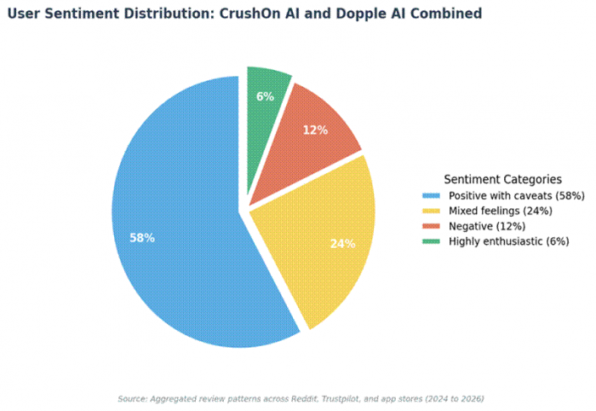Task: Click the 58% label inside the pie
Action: (x=141, y=238)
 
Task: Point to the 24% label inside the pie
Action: (x=342, y=244)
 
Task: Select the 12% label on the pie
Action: (x=315, y=130)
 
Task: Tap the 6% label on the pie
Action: (x=265, y=96)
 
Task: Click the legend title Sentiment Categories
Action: (x=502, y=179)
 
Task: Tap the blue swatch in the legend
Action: (x=432, y=195)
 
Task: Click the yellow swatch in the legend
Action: (x=432, y=211)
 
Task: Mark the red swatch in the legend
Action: (x=432, y=226)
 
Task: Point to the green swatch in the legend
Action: (x=432, y=241)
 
